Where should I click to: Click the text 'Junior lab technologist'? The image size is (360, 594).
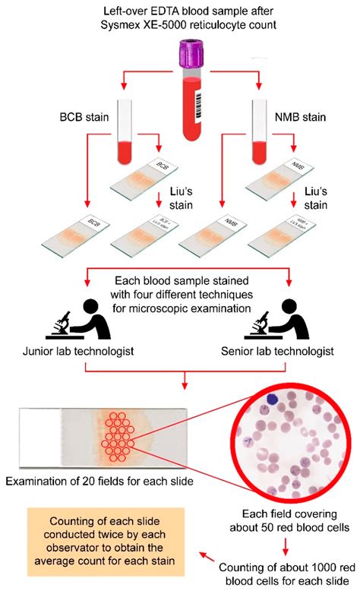74,352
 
